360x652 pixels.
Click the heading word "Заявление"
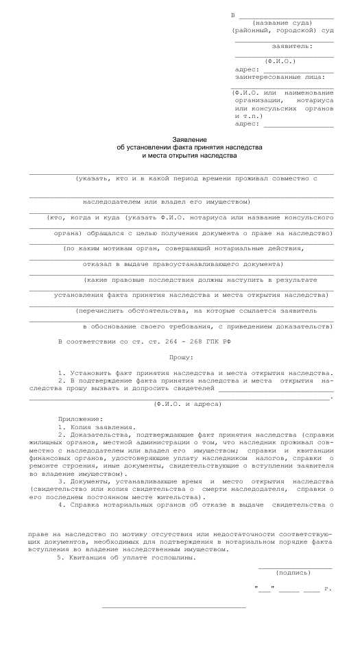click(x=180, y=139)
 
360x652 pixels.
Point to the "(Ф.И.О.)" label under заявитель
click(x=285, y=61)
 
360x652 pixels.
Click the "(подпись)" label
click(x=293, y=572)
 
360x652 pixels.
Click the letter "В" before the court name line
click(x=233, y=15)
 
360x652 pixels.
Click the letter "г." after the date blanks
click(x=328, y=589)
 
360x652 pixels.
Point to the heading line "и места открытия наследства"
click(x=180, y=156)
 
